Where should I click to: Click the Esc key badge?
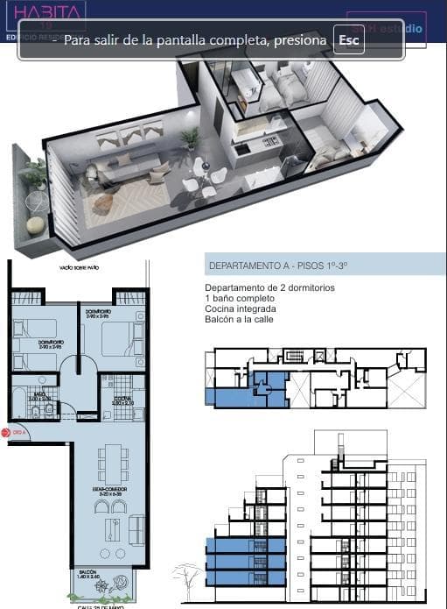(348, 40)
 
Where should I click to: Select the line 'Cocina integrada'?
(241, 309)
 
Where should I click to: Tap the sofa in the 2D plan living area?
(136, 529)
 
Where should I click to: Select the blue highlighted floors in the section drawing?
(245, 562)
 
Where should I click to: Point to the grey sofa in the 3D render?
(127, 166)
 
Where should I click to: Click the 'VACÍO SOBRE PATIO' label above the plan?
(77, 268)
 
